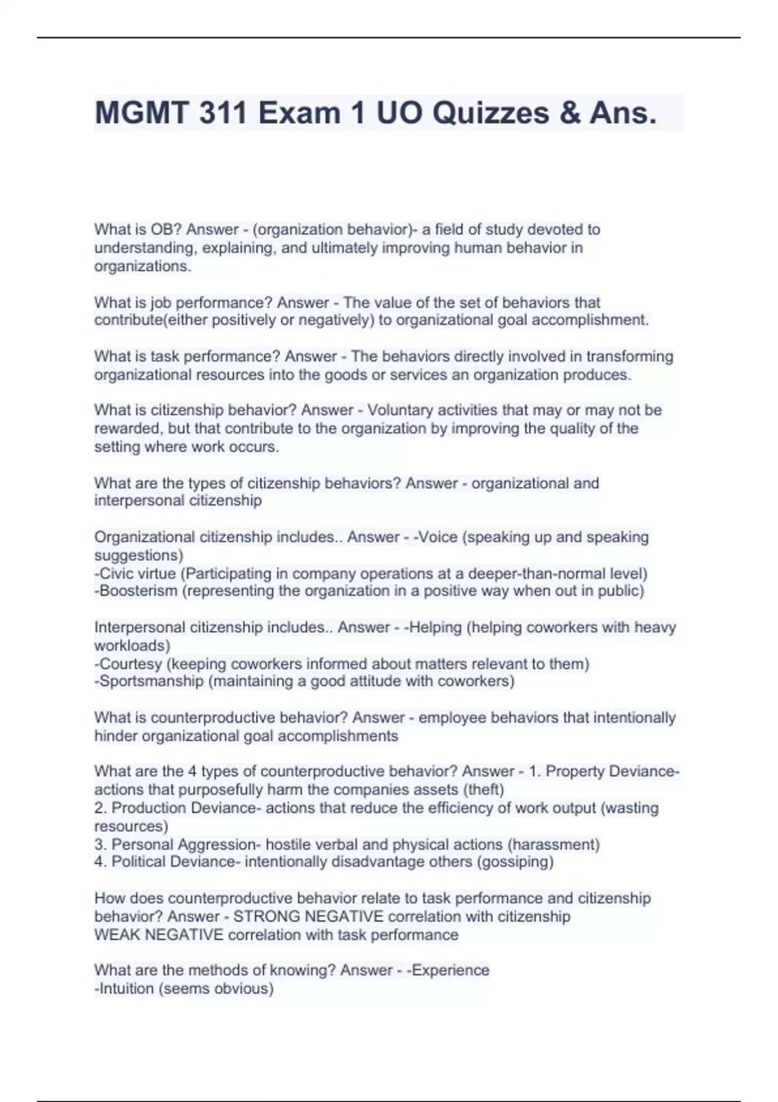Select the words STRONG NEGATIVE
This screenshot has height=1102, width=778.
coord(308,917)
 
